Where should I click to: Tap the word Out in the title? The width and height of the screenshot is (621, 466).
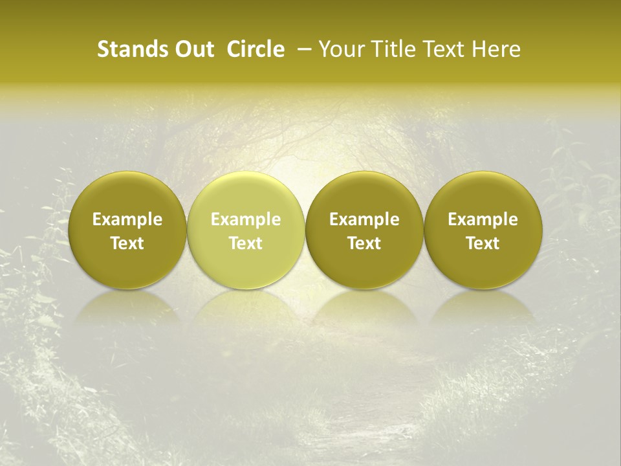coord(193,50)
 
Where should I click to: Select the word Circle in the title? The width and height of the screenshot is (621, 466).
coord(256,50)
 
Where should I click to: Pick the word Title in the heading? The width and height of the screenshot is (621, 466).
coord(389,50)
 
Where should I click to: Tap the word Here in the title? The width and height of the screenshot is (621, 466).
coord(496,50)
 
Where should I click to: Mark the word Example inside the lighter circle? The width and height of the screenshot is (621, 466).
coord(246,219)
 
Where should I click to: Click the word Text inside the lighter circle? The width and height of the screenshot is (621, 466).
coord(246,243)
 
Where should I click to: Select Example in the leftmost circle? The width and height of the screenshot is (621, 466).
coord(127,219)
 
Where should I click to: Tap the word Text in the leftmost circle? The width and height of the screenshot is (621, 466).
coord(127,243)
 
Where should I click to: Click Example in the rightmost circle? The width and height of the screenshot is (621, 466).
coord(483,219)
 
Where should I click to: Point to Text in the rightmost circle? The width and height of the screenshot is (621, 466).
coord(483,243)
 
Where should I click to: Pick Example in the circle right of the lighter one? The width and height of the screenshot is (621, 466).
coord(364,219)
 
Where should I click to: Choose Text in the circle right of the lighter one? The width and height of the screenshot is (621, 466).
coord(364,243)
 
